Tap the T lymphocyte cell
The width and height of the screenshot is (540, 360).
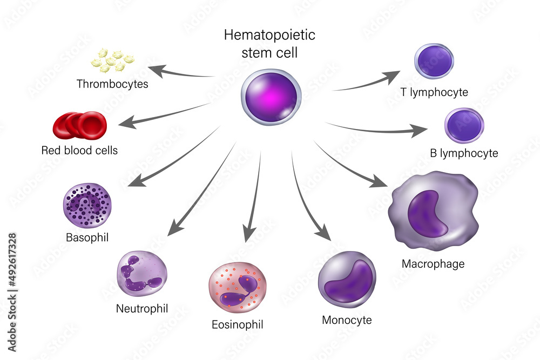click(434, 62)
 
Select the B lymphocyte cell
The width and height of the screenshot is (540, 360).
click(464, 126)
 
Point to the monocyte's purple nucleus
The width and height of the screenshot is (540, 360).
click(347, 281)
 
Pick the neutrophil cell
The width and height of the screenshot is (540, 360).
click(142, 274)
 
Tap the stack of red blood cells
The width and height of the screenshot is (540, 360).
click(79, 125)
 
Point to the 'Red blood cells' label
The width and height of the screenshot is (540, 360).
click(79, 150)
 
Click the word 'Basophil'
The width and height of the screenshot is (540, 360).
click(87, 237)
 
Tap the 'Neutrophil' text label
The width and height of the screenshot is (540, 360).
click(142, 309)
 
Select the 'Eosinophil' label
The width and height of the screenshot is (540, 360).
click(238, 324)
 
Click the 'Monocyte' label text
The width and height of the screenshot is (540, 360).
click(347, 320)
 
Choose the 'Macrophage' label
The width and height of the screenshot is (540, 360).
click(433, 264)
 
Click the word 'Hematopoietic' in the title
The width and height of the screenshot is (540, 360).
click(269, 36)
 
